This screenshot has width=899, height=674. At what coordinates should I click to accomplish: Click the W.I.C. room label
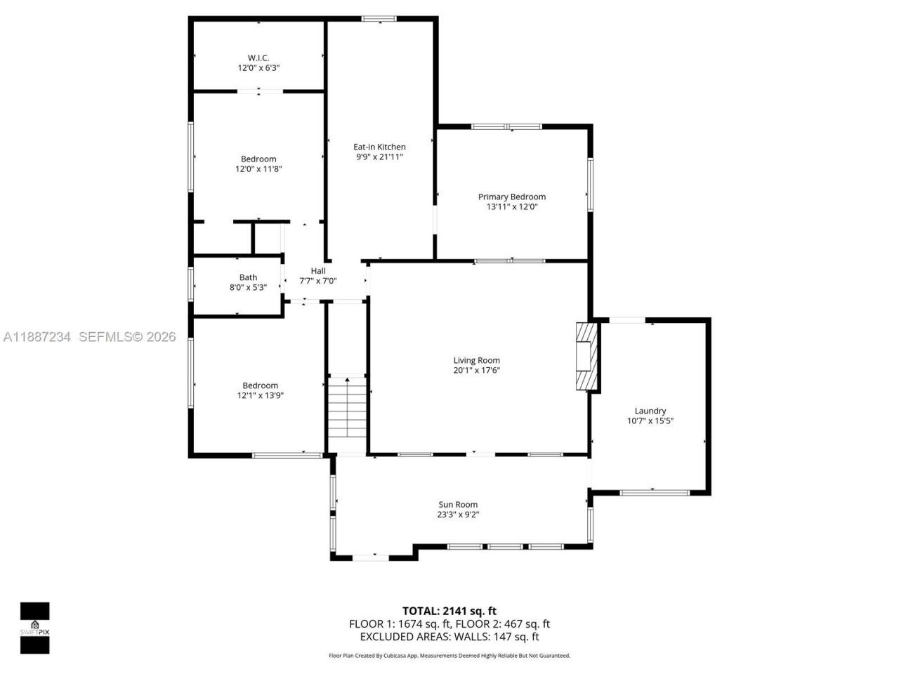click(258, 58)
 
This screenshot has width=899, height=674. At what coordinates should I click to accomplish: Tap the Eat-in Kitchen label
click(379, 147)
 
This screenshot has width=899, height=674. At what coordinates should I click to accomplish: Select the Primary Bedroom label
click(511, 197)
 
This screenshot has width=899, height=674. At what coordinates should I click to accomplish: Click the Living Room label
click(476, 360)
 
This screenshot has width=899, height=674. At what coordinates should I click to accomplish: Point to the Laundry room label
click(650, 411)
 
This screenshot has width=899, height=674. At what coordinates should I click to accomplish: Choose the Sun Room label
click(458, 504)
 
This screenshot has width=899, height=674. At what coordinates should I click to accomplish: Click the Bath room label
click(248, 277)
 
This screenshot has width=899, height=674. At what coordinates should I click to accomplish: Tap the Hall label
click(318, 271)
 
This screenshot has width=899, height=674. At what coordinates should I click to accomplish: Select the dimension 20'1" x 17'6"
click(476, 370)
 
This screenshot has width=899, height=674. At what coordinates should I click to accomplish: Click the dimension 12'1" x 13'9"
click(260, 395)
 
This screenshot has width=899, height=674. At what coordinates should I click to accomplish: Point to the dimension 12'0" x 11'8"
click(258, 169)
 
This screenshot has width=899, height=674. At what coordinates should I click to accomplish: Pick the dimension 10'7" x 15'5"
click(650, 421)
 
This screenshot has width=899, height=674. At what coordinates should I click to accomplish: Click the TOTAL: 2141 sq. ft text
click(449, 611)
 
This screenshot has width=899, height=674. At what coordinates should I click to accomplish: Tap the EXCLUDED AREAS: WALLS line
click(449, 637)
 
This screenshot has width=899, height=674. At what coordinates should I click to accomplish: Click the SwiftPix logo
click(34, 628)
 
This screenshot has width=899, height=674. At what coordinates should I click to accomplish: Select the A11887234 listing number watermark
click(37, 337)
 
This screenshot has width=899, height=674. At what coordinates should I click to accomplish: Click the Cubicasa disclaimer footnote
click(449, 656)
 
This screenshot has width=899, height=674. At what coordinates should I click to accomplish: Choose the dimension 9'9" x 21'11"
click(379, 157)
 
